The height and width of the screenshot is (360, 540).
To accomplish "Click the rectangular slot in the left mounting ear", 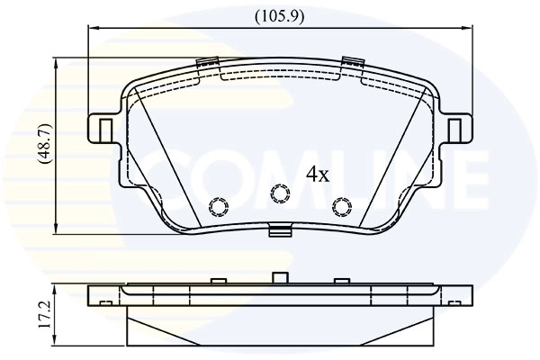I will pyautogui.click(x=105, y=130).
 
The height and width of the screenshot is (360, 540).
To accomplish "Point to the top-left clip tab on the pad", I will pyautogui.click(x=206, y=64).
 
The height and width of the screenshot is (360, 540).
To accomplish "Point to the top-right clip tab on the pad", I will pyautogui.click(x=352, y=64).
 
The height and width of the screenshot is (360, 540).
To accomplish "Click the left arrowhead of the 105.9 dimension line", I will pyautogui.click(x=92, y=28).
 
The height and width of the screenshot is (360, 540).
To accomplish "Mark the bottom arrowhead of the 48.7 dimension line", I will pyautogui.click(x=57, y=227).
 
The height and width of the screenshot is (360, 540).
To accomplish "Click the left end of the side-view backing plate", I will pyautogui.click(x=93, y=293).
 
